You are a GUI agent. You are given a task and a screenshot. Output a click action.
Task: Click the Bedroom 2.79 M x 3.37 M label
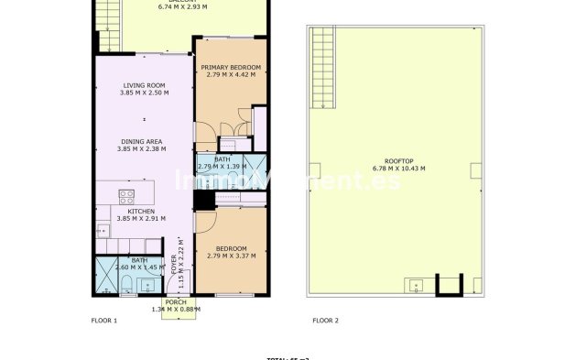(231, 253)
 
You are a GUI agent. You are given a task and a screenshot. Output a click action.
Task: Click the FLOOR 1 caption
(104, 321)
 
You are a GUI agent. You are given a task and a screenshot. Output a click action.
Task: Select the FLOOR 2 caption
(325, 321)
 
